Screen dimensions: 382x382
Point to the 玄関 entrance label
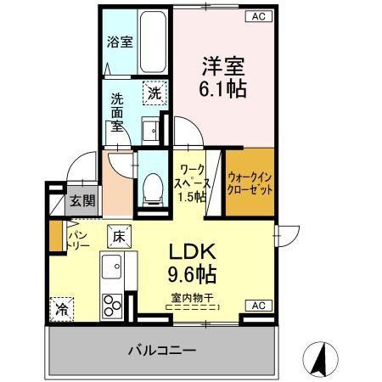click(82, 202)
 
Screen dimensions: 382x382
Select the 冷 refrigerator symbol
click(61, 309)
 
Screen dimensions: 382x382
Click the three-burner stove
click(113, 302)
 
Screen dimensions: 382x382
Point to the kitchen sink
click(113, 272)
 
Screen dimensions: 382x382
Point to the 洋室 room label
click(223, 65)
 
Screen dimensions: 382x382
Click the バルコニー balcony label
click(163, 350)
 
